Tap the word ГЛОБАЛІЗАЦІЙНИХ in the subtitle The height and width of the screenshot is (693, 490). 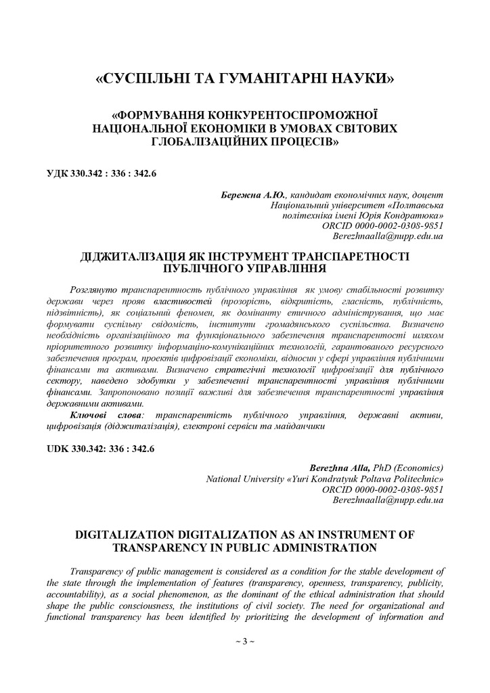[206, 141]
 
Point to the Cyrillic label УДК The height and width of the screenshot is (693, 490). [58, 174]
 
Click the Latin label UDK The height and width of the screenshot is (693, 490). [59, 449]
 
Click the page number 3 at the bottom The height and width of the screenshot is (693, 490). [244, 641]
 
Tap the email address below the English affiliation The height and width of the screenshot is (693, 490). [388, 499]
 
